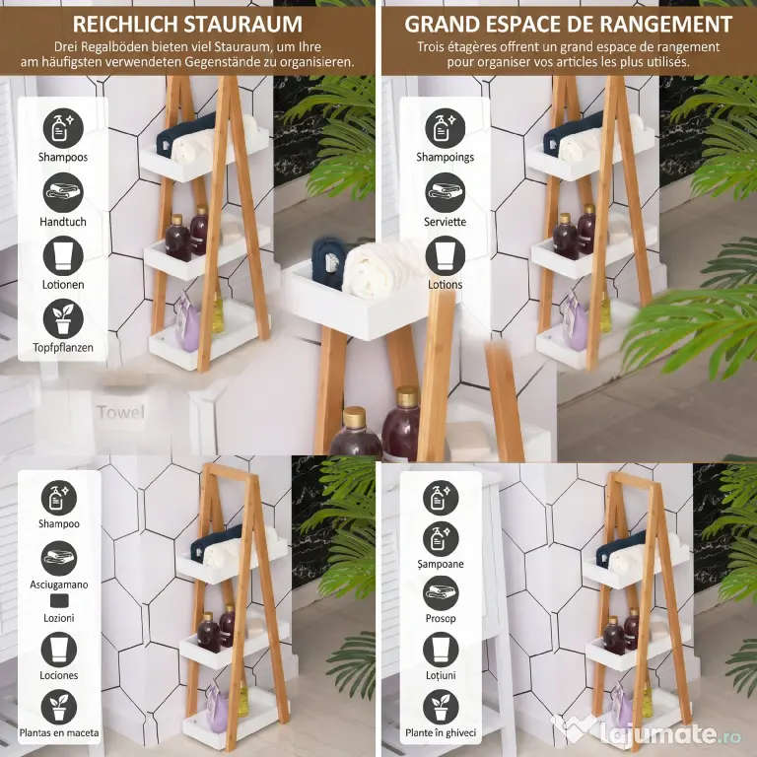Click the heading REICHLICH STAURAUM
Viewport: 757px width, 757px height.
187,24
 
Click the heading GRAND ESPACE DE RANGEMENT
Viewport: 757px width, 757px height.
568,24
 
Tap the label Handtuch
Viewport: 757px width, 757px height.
63,222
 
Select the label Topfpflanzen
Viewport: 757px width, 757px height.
63,347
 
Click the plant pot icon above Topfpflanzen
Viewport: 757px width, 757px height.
63,318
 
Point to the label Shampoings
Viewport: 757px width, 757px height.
446,157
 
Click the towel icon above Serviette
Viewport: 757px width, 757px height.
446,192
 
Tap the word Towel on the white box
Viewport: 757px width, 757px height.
120,412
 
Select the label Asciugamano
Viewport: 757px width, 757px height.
59,585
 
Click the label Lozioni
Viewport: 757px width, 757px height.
59,618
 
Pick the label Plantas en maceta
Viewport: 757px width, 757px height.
59,732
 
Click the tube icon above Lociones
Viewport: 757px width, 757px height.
59,650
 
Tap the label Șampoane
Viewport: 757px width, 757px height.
441,564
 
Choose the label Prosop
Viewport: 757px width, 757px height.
441,618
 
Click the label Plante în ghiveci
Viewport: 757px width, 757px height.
441,733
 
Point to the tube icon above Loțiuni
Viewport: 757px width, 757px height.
441,650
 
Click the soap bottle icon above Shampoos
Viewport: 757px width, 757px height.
63,128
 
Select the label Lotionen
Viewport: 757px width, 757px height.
63,284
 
